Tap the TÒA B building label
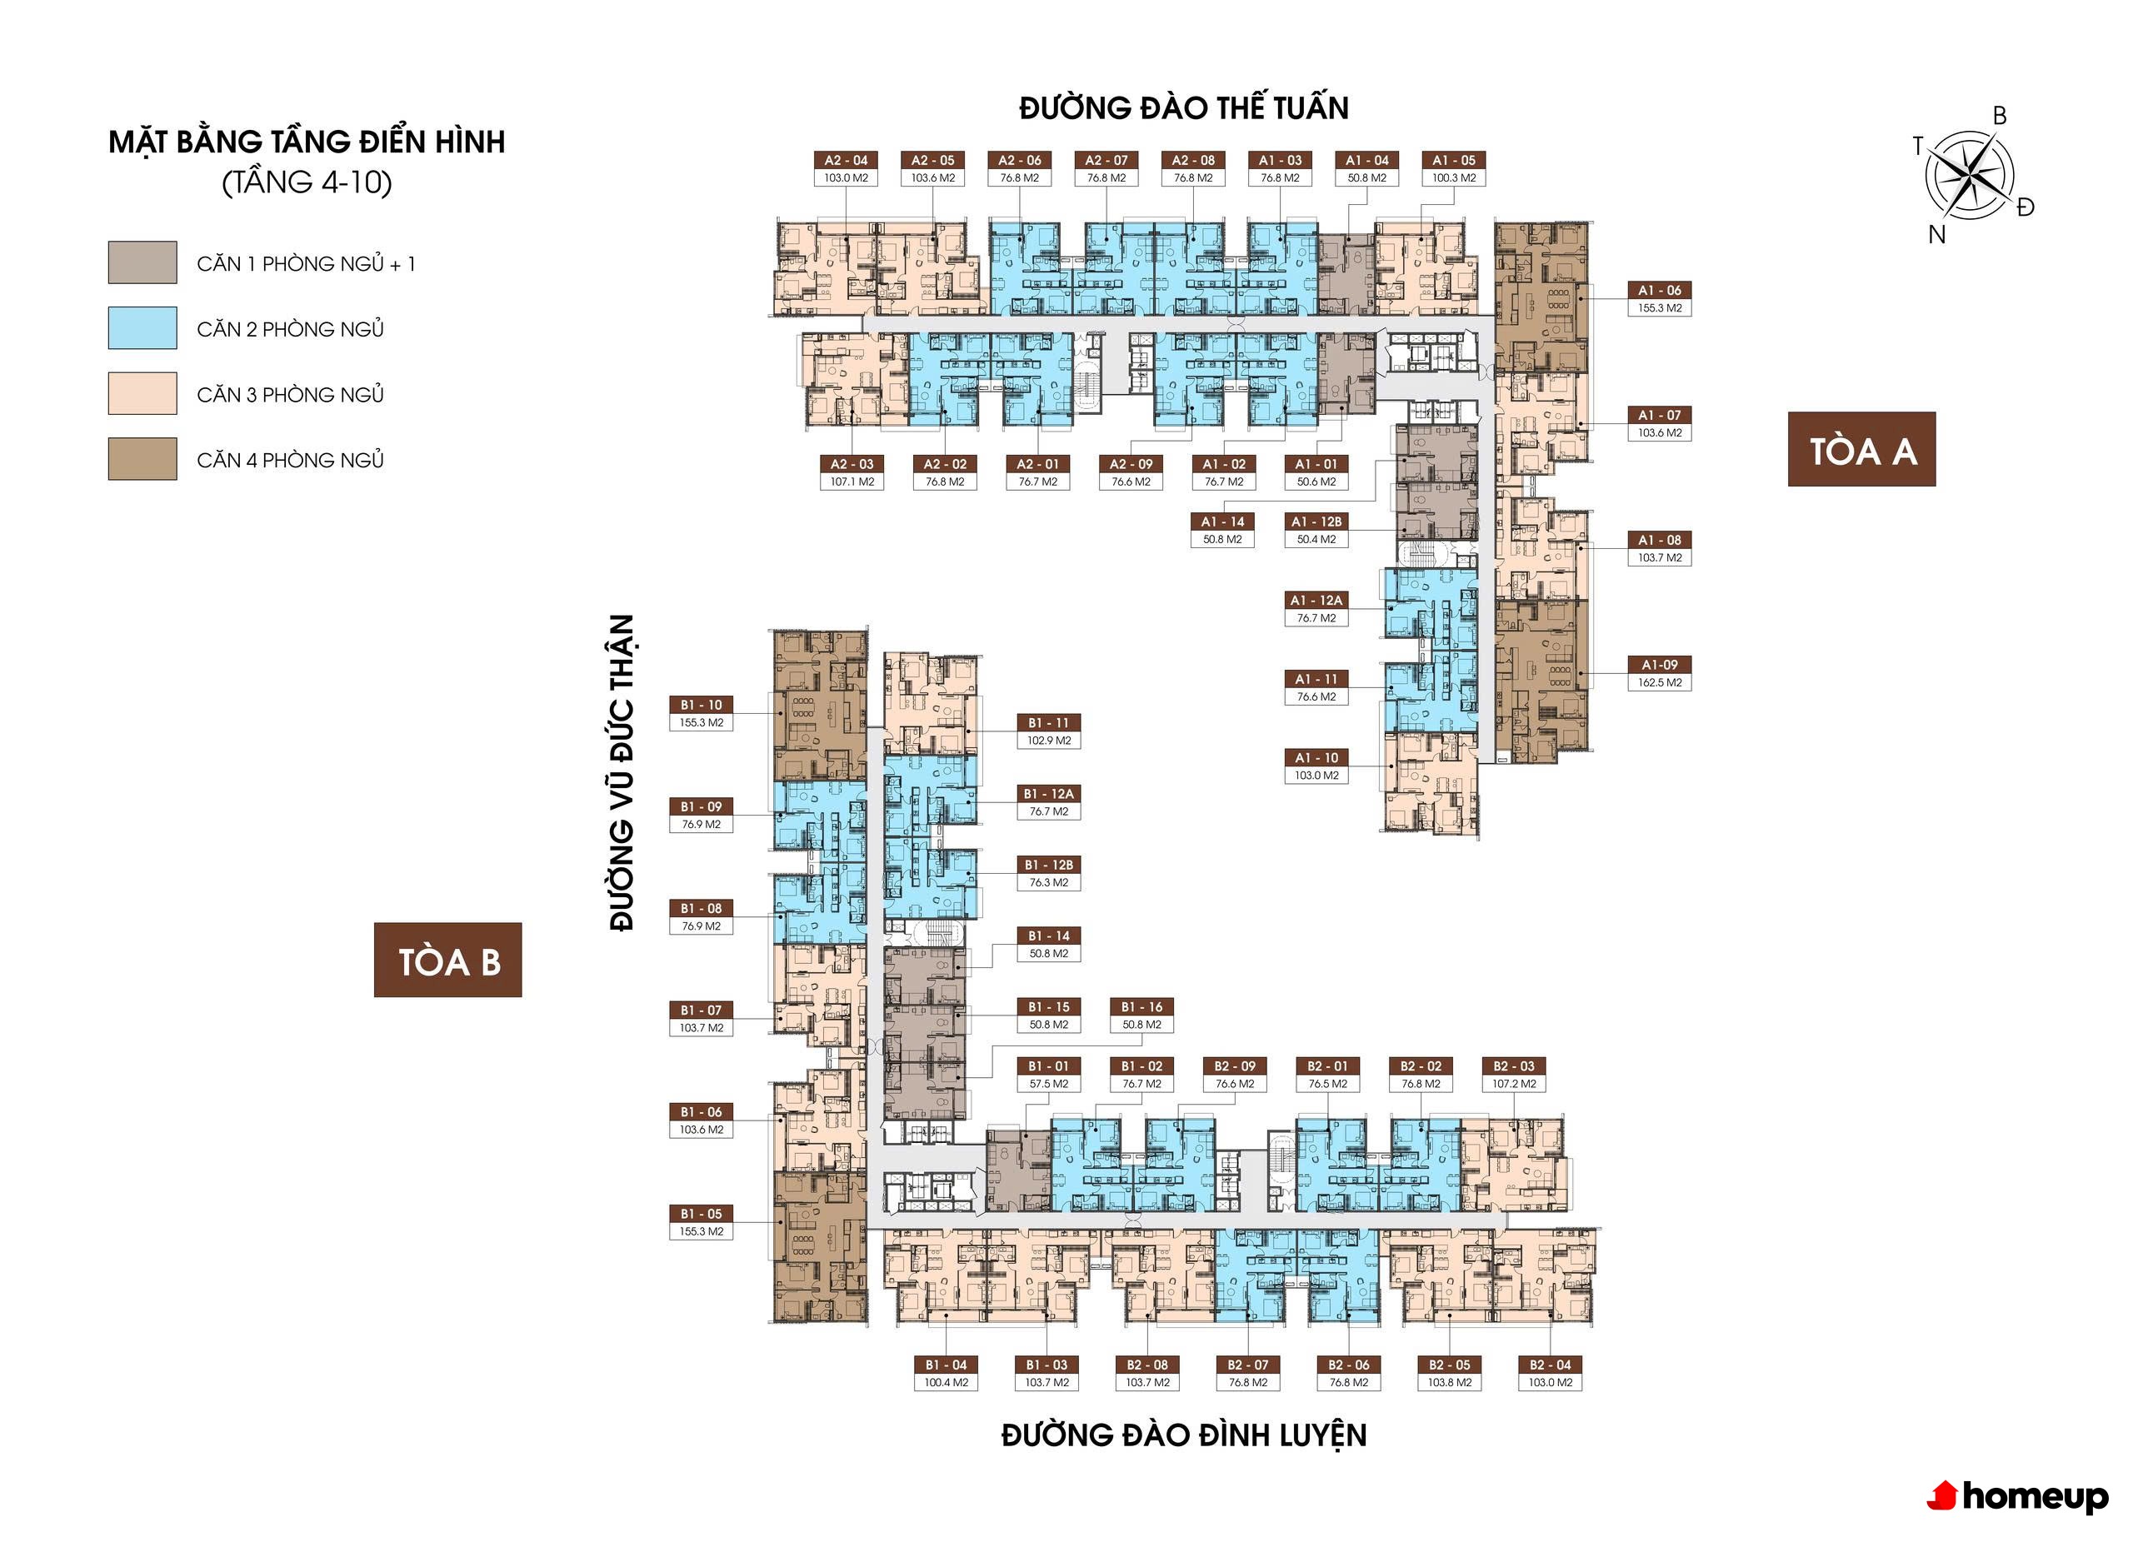click(447, 960)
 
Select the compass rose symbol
click(1970, 175)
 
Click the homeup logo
click(2017, 1496)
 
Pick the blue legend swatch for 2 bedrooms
click(142, 328)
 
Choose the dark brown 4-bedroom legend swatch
click(142, 459)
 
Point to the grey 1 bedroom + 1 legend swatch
click(142, 262)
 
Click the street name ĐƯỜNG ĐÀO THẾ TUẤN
click(1183, 108)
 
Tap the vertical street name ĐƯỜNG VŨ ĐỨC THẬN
click(622, 773)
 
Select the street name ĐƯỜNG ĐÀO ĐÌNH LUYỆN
click(1183, 1435)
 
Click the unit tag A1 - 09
click(1660, 665)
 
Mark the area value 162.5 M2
click(1660, 682)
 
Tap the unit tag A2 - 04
click(847, 160)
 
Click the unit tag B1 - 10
click(702, 704)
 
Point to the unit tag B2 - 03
click(1514, 1066)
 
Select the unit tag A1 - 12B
click(1316, 521)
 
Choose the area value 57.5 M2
click(1049, 1083)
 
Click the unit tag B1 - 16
click(1141, 1007)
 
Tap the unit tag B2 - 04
click(1550, 1365)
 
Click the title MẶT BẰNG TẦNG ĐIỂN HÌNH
click(307, 142)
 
